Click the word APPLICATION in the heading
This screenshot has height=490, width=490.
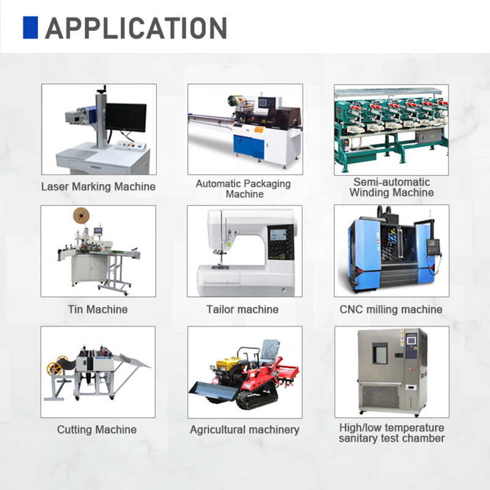click(x=136, y=28)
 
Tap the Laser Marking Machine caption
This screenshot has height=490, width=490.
click(x=98, y=187)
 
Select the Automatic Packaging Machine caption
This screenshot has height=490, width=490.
click(x=243, y=189)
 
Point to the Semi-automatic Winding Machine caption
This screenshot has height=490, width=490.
click(x=391, y=187)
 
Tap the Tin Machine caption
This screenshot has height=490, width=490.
click(x=98, y=309)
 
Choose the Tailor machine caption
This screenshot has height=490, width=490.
click(x=243, y=309)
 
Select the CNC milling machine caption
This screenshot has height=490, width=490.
click(x=391, y=309)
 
